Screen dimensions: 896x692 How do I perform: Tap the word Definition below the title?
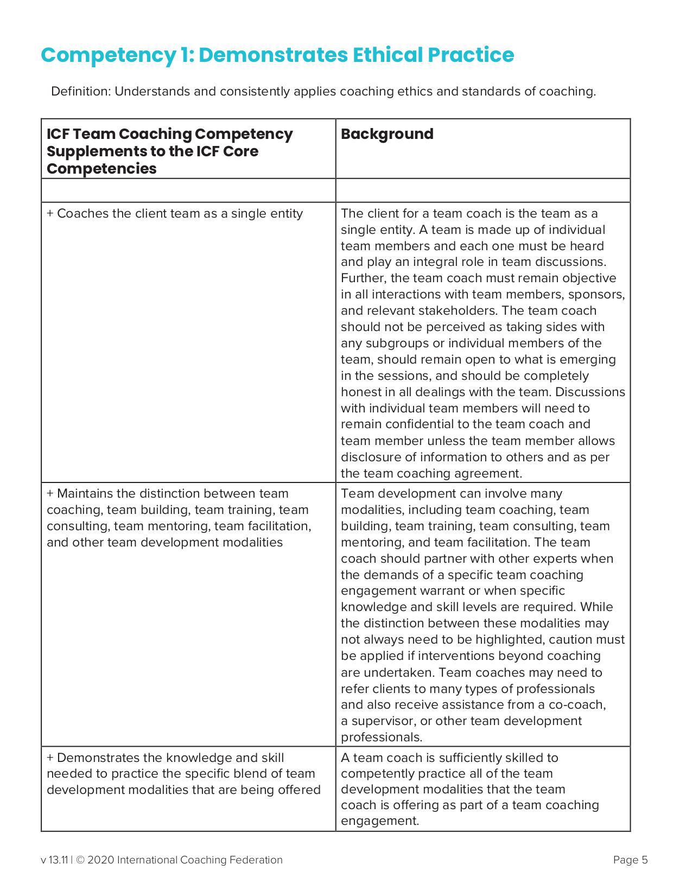point(80,91)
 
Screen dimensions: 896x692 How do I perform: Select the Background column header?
point(387,134)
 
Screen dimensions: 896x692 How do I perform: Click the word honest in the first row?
point(359,392)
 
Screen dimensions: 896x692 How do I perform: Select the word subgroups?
point(396,343)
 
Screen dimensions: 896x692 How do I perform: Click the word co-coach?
point(580,704)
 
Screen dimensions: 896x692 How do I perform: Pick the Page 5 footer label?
point(630,860)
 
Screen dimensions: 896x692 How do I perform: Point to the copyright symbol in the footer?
point(80,860)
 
